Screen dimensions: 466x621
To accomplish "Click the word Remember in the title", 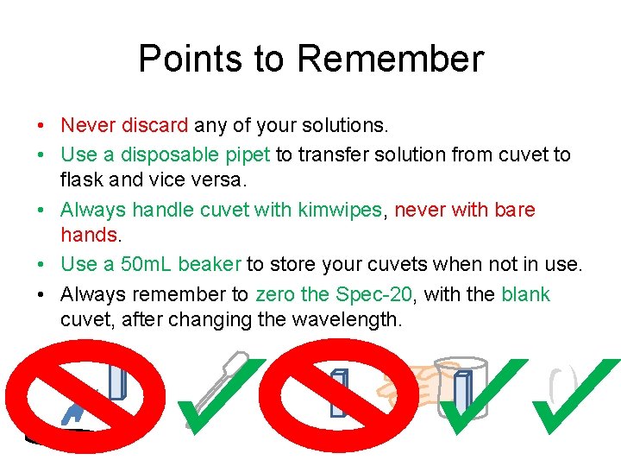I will point(390,60).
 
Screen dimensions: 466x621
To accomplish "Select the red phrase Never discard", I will point(123,126).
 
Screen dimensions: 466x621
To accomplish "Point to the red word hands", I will point(88,234).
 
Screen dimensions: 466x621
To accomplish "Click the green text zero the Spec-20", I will point(336,294).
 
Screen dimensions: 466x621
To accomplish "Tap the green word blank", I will point(524,294).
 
